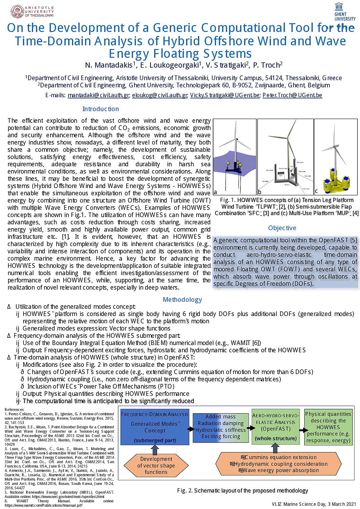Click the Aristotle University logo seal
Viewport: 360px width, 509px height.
tap(17, 12)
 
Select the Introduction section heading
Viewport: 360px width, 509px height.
tap(100, 109)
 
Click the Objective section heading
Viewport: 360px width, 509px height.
tap(282, 228)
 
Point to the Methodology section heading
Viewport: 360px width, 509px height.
tap(182, 300)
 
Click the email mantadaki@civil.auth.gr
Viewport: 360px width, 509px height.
tap(98, 95)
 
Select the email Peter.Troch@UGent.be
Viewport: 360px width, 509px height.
tap(292, 95)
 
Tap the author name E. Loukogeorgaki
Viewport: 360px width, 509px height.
tap(170, 65)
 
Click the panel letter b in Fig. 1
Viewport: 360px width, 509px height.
tap(260, 192)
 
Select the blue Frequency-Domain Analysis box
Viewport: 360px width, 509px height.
tap(155, 427)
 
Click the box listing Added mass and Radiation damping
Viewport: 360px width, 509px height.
tap(221, 427)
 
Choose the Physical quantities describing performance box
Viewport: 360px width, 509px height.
tap(328, 427)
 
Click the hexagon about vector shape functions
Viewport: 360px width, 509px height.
tap(156, 465)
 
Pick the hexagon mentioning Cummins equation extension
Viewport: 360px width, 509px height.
tap(278, 464)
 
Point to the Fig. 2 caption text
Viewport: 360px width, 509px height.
tap(242, 490)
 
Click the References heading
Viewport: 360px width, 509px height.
tap(14, 409)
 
